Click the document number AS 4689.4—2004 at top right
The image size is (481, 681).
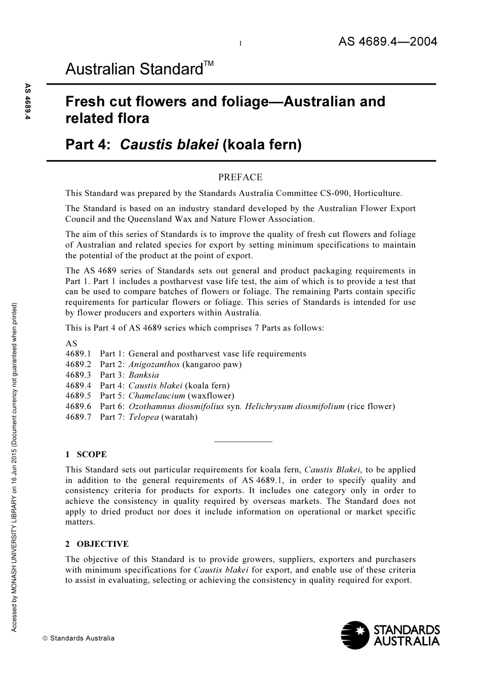pos(387,42)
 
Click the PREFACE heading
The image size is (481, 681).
pos(240,177)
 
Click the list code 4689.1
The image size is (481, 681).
pos(78,354)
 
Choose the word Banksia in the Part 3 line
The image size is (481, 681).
pos(143,375)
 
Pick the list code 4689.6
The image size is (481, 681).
pos(78,407)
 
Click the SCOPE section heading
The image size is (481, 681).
pos(91,455)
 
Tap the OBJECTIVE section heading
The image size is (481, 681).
pos(102,544)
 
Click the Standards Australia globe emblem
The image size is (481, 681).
pos(355,635)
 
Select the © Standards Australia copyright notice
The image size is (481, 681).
pos(78,638)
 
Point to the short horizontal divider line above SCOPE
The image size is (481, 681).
pos(243,442)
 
